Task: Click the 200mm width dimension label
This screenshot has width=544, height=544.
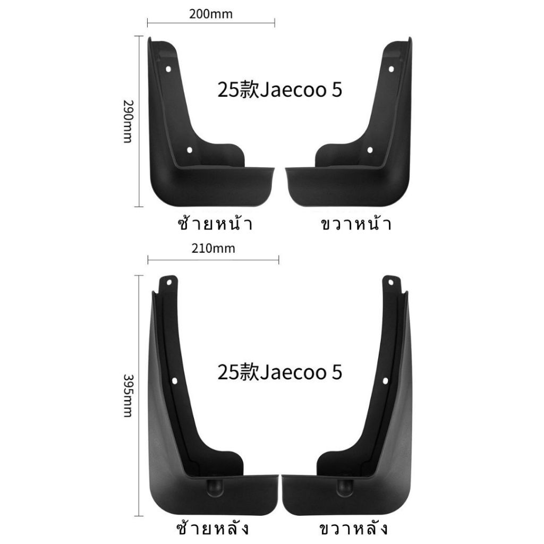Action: click(210, 14)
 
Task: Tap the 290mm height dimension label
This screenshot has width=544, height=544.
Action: click(128, 122)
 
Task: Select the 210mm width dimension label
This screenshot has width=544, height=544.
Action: click(213, 249)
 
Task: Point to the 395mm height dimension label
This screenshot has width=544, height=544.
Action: click(128, 396)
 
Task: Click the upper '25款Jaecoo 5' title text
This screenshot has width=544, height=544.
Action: click(279, 90)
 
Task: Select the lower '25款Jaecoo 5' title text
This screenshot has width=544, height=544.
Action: click(279, 372)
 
